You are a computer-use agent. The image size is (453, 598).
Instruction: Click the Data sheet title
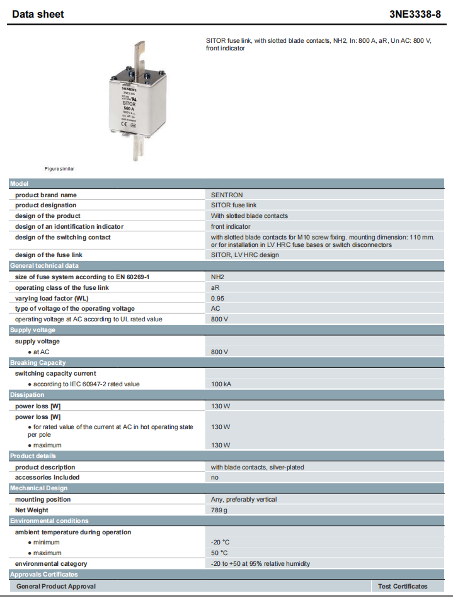pyautogui.click(x=38, y=14)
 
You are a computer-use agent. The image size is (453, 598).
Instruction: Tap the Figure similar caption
pyautogui.click(x=59, y=169)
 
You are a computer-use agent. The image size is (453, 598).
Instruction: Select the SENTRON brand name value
pyautogui.click(x=227, y=195)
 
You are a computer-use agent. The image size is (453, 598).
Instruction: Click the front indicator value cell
pyautogui.click(x=231, y=226)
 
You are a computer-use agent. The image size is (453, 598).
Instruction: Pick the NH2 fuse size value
pyautogui.click(x=218, y=277)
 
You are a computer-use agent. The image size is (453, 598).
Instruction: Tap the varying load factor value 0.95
pyautogui.click(x=218, y=298)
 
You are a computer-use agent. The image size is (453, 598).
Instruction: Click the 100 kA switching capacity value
pyautogui.click(x=221, y=384)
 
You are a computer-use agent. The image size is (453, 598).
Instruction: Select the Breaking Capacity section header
pyautogui.click(x=38, y=362)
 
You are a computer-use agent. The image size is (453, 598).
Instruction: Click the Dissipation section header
pyautogui.click(x=27, y=394)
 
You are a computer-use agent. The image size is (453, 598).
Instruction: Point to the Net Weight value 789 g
pyautogui.click(x=219, y=510)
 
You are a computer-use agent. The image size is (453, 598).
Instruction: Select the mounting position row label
pyautogui.click(x=43, y=499)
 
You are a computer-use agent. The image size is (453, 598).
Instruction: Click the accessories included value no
pyautogui.click(x=215, y=477)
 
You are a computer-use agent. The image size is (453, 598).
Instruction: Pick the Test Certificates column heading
pyautogui.click(x=403, y=586)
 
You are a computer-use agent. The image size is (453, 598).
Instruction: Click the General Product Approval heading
pyautogui.click(x=56, y=586)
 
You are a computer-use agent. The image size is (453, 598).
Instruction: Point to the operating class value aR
pyautogui.click(x=215, y=287)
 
